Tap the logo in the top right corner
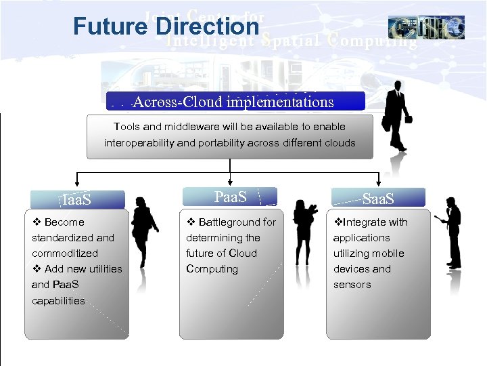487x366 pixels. tap(426, 27)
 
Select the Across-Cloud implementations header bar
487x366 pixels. tap(235, 102)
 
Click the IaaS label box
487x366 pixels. tap(77, 200)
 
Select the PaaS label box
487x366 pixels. tap(231, 197)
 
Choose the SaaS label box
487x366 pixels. tap(377, 199)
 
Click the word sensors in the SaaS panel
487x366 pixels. tap(352, 285)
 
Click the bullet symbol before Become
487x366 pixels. tap(37, 222)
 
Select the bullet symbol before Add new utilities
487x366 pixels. tap(37, 269)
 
